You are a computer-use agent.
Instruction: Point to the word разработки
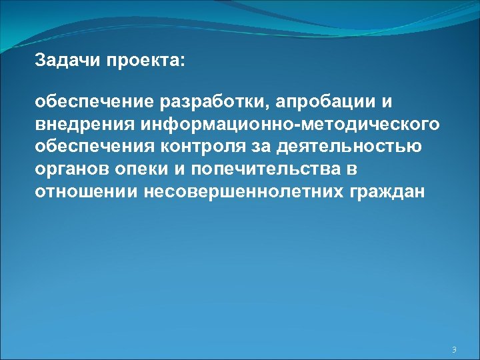point(211,103)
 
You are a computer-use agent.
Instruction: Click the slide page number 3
point(454,350)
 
